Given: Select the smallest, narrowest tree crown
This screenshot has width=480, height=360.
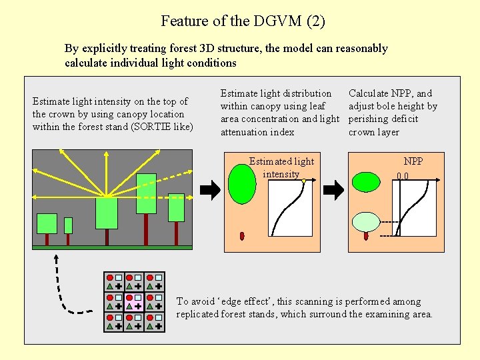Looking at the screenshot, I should tap(68, 225).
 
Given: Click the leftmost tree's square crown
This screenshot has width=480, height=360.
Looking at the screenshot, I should tap(47, 223).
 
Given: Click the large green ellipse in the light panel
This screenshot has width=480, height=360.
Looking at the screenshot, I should tap(242, 184).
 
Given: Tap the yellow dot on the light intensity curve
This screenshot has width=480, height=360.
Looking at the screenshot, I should tap(303, 181).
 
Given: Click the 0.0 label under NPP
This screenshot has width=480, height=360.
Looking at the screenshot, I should tap(403, 177).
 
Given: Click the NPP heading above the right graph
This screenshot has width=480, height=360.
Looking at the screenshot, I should tap(413, 161).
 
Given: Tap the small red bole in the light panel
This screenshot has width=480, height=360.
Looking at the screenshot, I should tap(242, 236).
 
